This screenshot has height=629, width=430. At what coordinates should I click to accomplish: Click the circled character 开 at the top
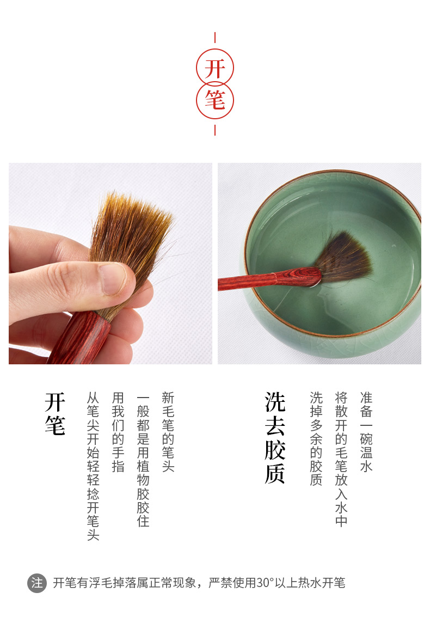[x=214, y=69]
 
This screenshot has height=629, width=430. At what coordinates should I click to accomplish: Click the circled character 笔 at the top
[x=215, y=100]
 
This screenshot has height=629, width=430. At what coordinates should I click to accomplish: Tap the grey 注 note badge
[x=37, y=583]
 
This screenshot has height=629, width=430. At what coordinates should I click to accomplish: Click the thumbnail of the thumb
[x=114, y=279]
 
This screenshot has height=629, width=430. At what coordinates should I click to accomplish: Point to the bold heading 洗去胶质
[x=275, y=438]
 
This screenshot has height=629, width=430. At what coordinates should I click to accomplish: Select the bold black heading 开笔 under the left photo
[x=55, y=413]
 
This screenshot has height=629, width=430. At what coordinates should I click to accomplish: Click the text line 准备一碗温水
[x=366, y=432]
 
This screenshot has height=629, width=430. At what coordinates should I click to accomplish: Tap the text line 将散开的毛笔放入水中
[x=341, y=459]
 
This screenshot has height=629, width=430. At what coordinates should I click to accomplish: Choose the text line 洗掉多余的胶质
[x=316, y=438]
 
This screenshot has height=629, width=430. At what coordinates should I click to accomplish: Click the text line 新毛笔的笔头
[x=168, y=432]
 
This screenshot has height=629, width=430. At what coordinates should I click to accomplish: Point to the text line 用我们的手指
[x=118, y=432]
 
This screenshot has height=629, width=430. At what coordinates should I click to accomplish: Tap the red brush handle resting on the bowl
[x=269, y=279]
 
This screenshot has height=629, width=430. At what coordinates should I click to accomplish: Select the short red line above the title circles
[x=215, y=38]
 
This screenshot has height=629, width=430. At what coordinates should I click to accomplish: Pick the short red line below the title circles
[x=215, y=130]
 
